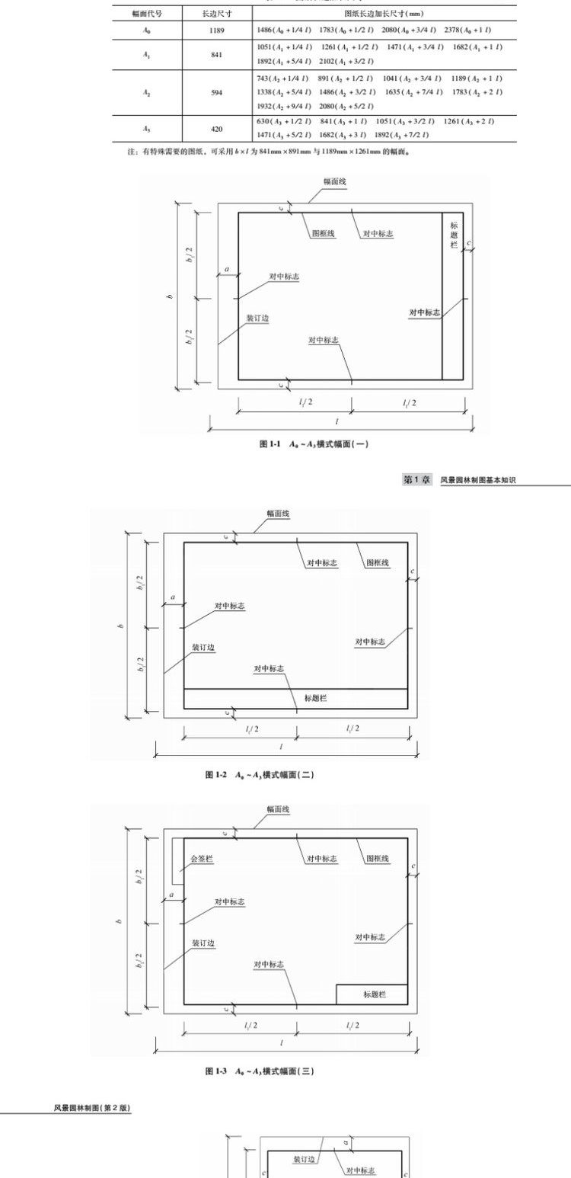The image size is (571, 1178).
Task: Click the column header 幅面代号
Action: [148, 14]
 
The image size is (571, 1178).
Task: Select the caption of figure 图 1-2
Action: [259, 775]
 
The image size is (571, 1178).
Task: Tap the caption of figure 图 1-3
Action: [259, 1071]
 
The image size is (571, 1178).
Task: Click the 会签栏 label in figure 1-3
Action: [201, 859]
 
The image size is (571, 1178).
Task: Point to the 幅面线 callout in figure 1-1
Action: [334, 182]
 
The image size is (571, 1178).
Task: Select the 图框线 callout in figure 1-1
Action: [323, 234]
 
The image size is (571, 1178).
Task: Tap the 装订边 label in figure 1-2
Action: [203, 647]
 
